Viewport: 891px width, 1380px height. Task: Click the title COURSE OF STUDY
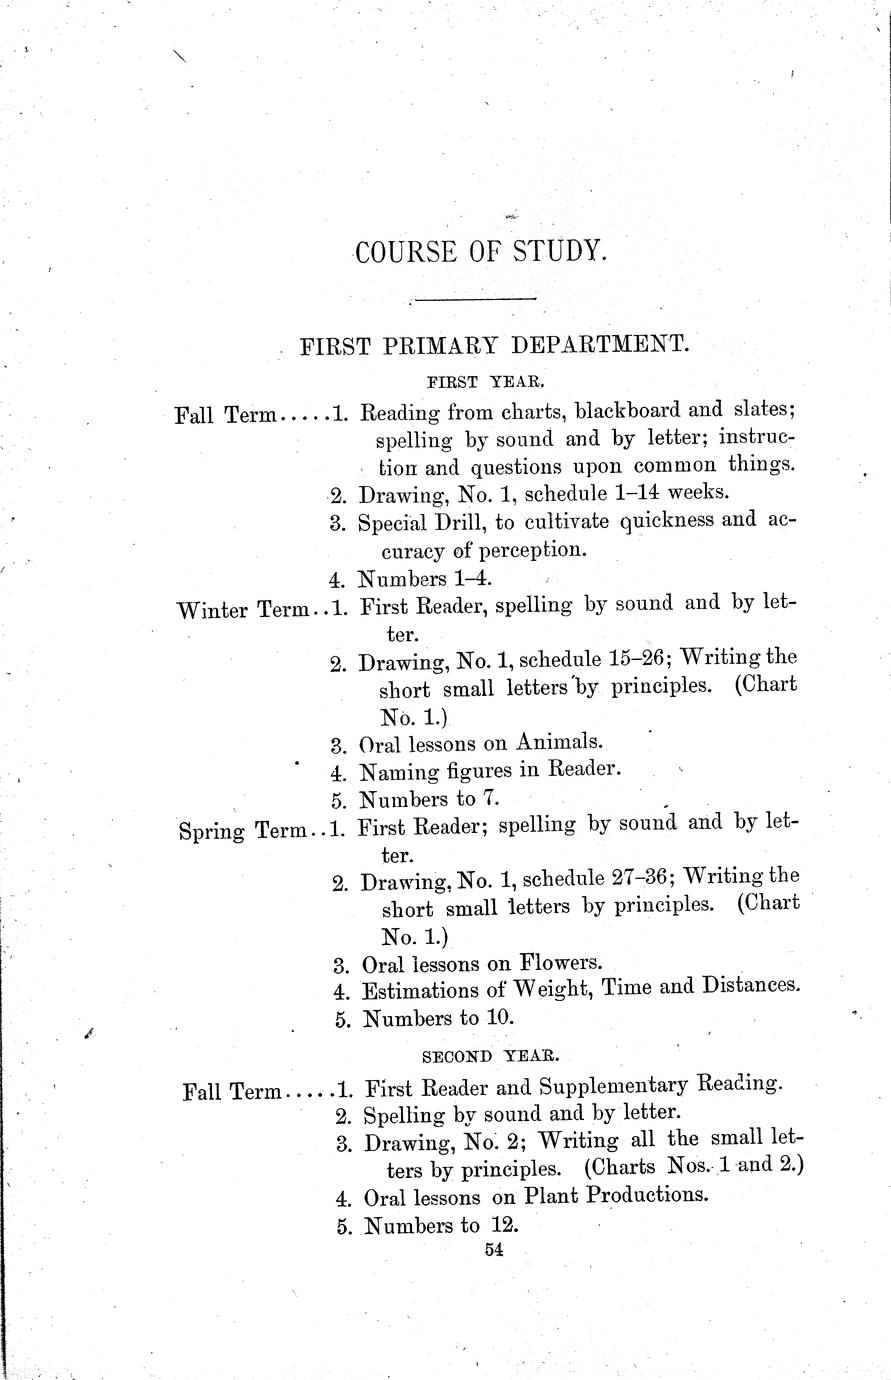(481, 251)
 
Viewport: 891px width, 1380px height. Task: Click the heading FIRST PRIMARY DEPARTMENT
(495, 346)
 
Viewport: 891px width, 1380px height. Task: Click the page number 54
(491, 1249)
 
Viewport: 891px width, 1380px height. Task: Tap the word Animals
(559, 742)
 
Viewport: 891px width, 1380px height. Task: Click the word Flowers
(560, 963)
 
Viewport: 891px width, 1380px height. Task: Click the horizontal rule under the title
(474, 298)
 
